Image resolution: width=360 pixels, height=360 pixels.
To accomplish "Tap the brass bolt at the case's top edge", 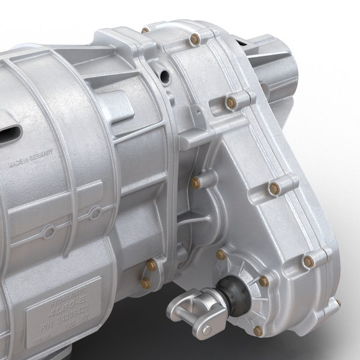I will point(145,29).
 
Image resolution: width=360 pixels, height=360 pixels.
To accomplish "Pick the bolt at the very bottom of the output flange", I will point(259,330).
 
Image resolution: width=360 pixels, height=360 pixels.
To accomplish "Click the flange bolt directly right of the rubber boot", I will point(264,281).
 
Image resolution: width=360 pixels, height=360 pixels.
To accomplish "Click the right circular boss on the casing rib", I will point(95,214).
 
